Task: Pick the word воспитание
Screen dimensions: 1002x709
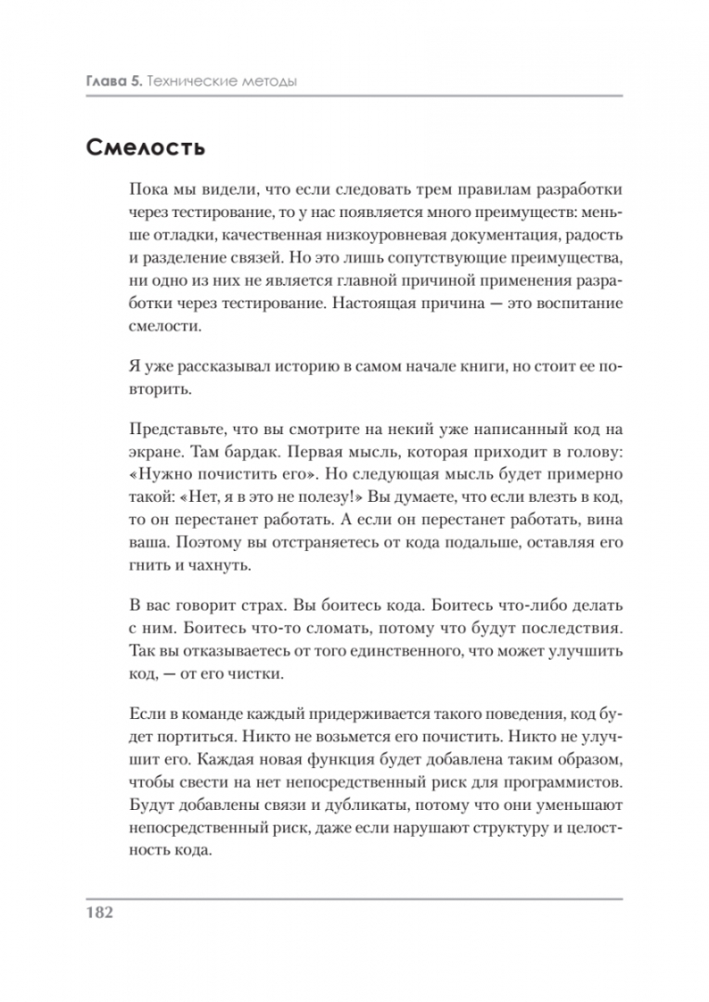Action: pyautogui.click(x=561, y=303)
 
